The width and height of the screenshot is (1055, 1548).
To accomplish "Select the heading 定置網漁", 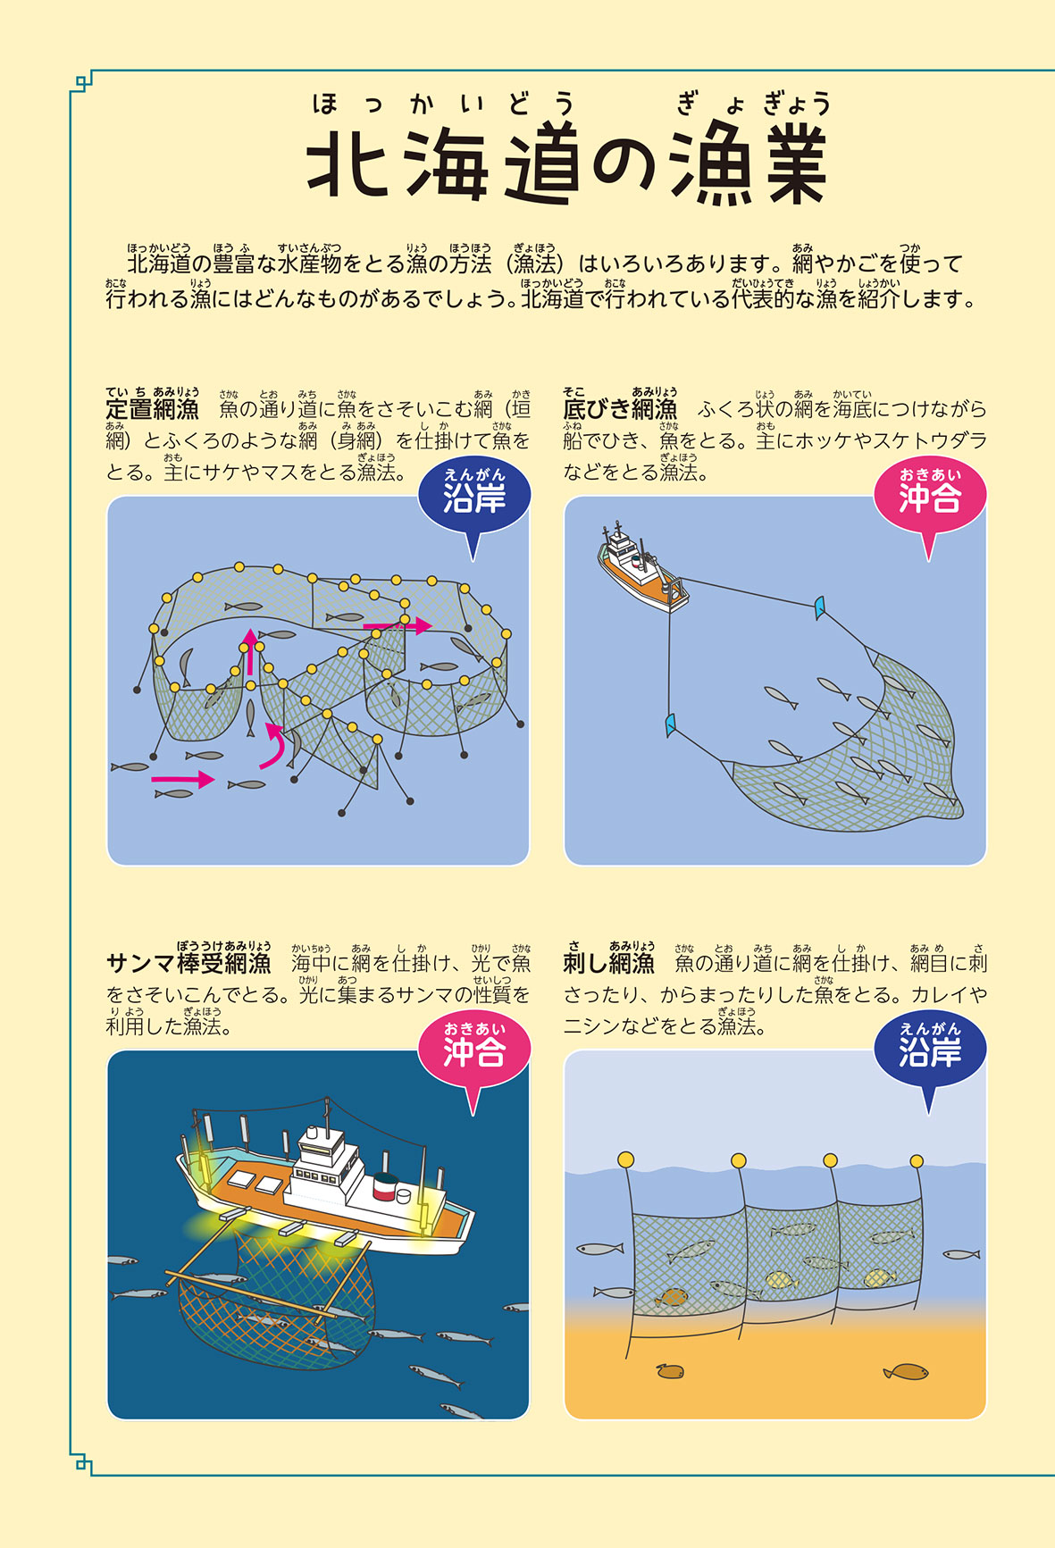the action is point(152,409).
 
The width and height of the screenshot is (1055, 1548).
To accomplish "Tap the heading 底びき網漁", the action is point(620,409).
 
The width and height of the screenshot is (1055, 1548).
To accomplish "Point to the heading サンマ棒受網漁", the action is point(188,963).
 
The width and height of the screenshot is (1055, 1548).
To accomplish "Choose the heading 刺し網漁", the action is point(608,963).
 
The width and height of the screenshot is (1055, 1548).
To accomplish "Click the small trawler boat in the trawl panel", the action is point(641,570).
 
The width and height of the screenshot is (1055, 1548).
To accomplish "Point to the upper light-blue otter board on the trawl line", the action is point(818,608).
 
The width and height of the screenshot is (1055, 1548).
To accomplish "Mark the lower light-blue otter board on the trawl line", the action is point(670,724).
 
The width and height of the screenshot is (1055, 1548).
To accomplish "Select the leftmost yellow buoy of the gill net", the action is point(625,1159).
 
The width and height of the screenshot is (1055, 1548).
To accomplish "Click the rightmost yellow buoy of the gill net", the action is point(916,1161).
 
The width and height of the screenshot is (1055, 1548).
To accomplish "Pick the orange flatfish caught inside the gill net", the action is point(672,1296).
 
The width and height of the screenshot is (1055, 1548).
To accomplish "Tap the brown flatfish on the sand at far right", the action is point(906,1371).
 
